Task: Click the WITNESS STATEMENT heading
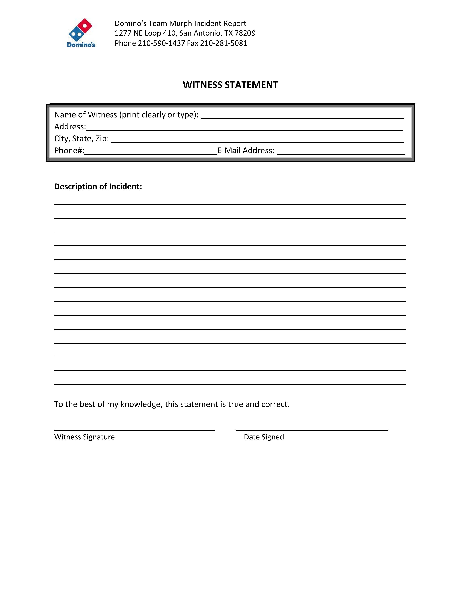pos(230,85)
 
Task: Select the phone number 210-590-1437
pos(161,43)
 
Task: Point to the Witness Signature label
pos(84,437)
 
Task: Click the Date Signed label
pos(264,437)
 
